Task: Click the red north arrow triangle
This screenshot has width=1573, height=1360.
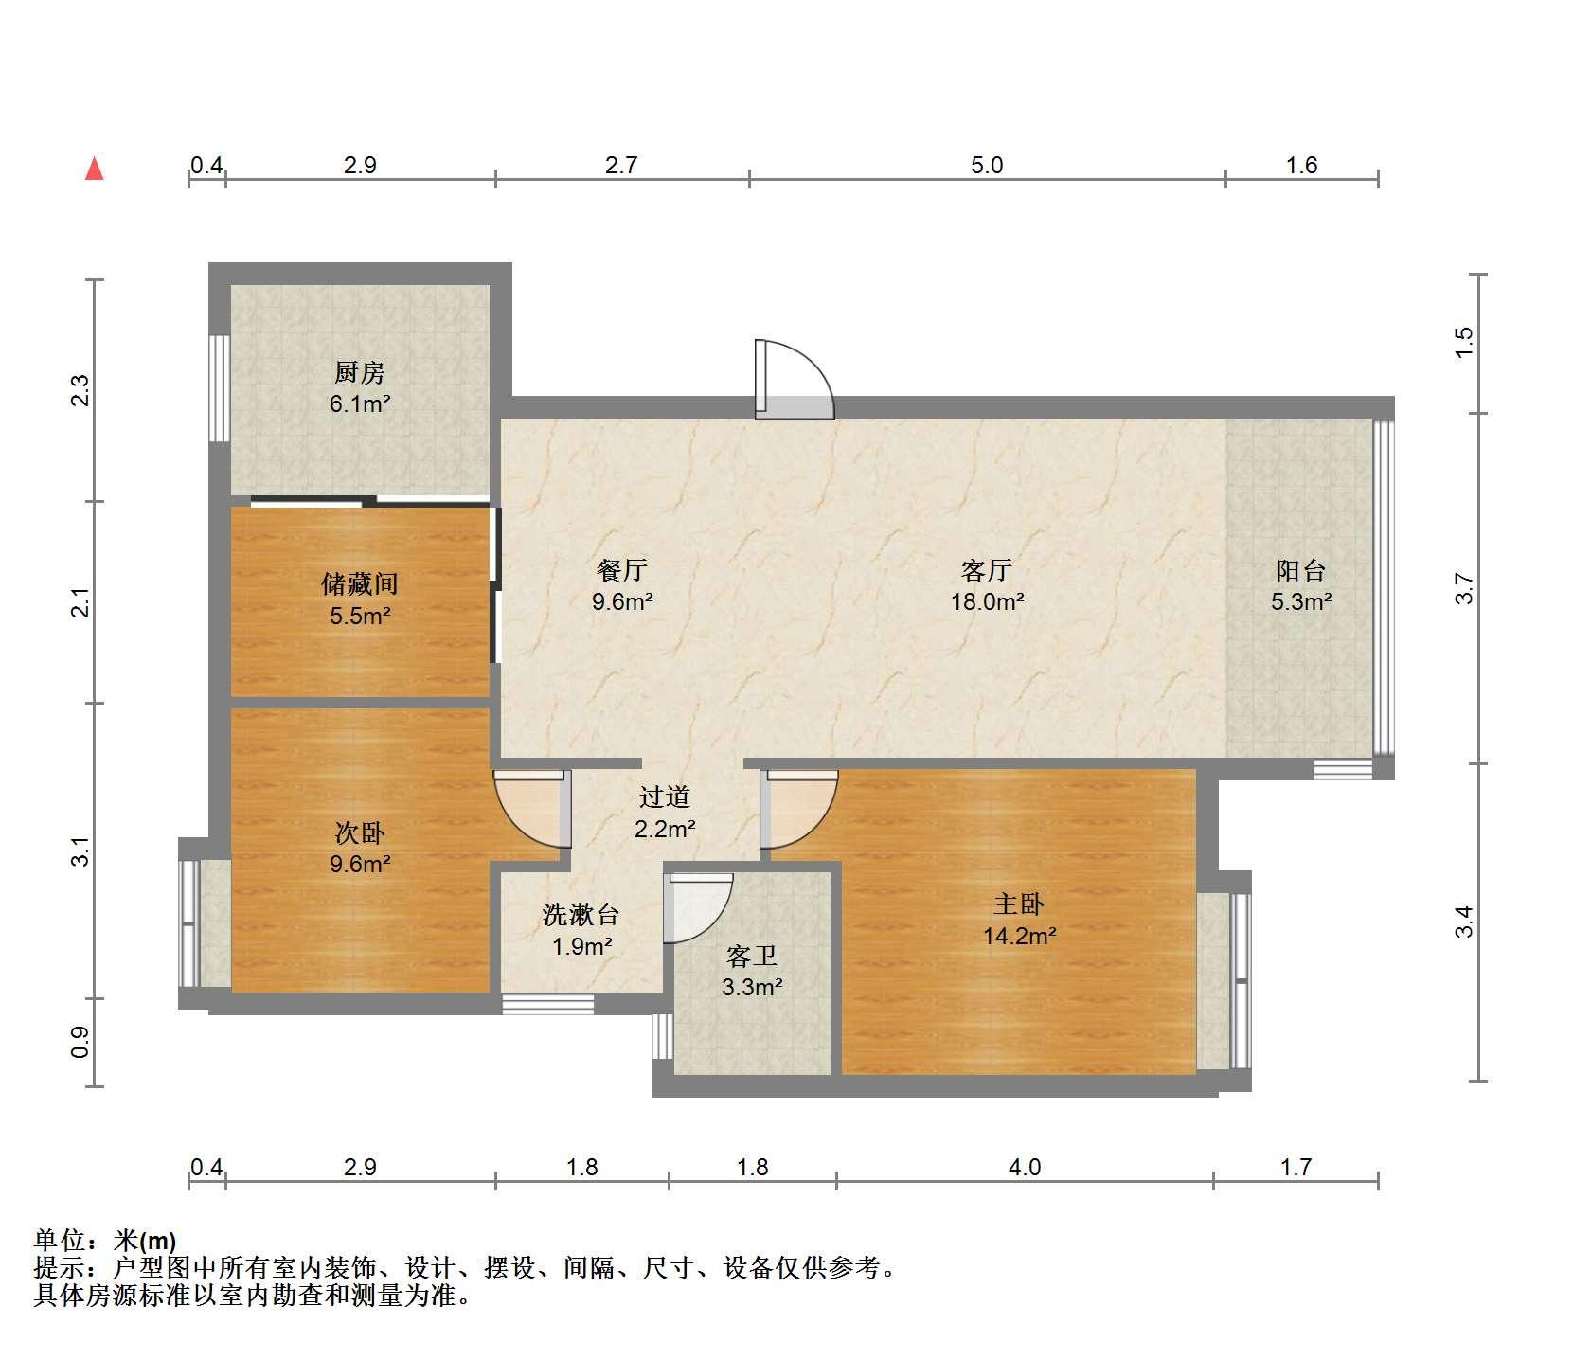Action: click(x=95, y=170)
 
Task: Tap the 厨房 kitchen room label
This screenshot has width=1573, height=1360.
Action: click(x=360, y=373)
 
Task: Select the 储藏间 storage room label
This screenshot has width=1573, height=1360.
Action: click(x=360, y=584)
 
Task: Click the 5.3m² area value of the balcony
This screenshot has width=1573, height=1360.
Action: click(x=1301, y=601)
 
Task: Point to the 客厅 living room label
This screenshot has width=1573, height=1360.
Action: click(x=987, y=570)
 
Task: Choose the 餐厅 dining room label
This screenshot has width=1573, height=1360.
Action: click(x=622, y=570)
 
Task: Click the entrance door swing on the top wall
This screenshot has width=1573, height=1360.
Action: click(x=794, y=380)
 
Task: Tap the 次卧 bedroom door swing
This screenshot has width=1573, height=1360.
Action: click(x=531, y=808)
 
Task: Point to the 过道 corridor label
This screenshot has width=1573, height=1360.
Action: click(x=665, y=797)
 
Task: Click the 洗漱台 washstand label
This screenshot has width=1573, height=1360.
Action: click(x=581, y=915)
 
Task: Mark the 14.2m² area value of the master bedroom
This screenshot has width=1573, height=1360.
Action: click(x=1019, y=937)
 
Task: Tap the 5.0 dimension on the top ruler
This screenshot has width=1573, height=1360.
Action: click(x=987, y=166)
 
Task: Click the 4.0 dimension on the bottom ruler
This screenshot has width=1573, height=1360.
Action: click(x=1025, y=1168)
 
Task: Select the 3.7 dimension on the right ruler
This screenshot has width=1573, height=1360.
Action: click(x=1465, y=589)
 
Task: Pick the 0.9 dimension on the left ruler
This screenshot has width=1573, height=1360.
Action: click(x=81, y=1043)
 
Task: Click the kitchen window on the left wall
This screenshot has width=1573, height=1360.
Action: click(x=220, y=388)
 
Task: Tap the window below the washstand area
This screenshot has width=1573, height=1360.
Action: click(x=548, y=1003)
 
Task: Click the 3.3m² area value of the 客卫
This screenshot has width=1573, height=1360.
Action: click(x=752, y=988)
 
